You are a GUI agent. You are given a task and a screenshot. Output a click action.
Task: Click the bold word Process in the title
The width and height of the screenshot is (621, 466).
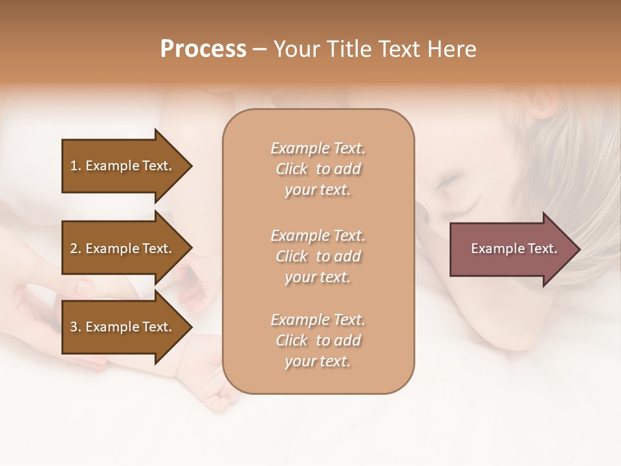tap(203, 49)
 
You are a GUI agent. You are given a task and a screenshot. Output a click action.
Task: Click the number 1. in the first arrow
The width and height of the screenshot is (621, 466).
tap(75, 166)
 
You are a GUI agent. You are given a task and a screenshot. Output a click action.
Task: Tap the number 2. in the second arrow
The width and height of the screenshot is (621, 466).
tap(76, 249)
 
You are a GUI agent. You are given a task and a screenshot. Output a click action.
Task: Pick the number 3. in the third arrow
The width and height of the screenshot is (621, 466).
tap(76, 327)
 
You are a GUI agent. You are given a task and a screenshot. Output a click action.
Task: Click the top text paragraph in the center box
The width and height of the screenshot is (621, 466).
tap(318, 169)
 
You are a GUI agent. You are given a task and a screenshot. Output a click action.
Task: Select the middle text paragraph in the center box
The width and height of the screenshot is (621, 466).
tap(318, 256)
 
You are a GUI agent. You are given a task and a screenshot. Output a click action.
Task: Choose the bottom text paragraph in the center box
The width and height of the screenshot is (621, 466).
tap(318, 340)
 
